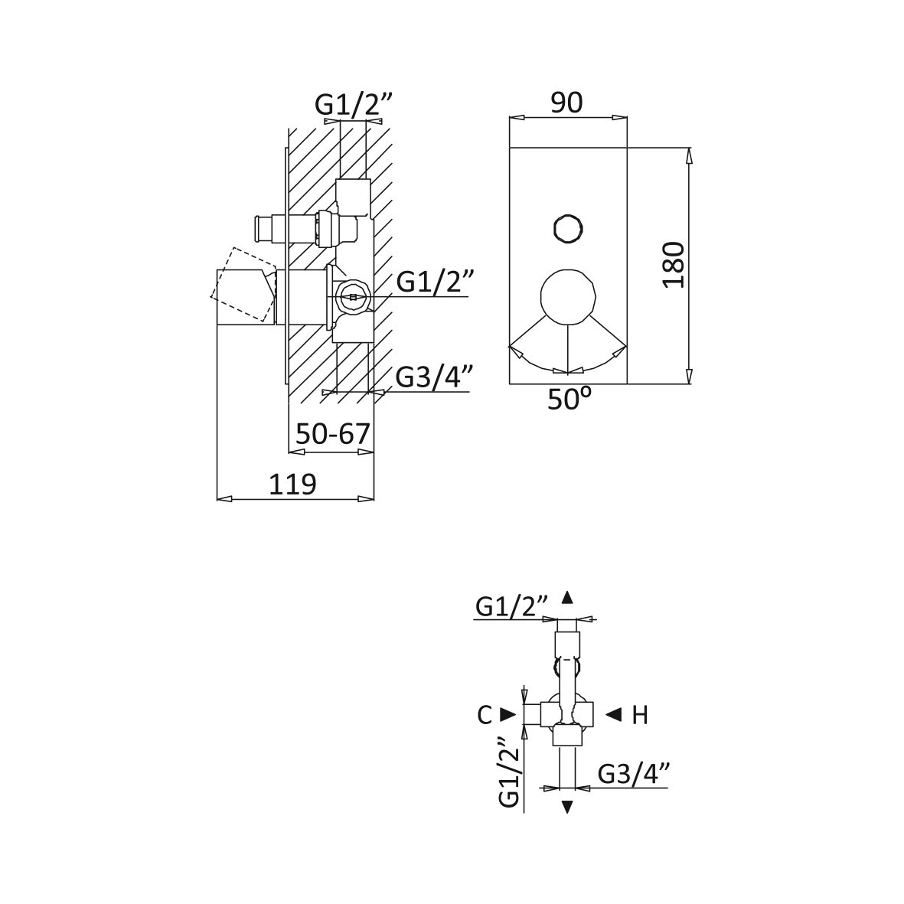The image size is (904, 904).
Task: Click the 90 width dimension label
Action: [566, 103]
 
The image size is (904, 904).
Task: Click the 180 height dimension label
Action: [674, 265]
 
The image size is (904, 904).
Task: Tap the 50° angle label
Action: [569, 399]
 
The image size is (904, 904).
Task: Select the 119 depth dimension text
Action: [293, 485]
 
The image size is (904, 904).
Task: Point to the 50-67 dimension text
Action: [333, 433]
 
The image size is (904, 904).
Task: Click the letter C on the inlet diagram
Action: [485, 716]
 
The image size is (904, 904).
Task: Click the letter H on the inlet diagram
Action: [640, 716]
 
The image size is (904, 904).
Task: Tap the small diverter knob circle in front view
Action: [568, 229]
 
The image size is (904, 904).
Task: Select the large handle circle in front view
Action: [568, 297]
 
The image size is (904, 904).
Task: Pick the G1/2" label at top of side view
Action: [354, 105]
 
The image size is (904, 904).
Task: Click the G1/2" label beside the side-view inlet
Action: [436, 282]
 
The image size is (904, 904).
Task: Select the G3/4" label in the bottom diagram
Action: [634, 775]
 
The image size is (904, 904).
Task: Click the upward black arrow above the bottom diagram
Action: [567, 597]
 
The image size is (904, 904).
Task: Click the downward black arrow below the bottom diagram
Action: [567, 807]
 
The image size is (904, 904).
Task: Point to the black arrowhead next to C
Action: [508, 715]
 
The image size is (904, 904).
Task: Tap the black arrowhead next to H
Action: [613, 715]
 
